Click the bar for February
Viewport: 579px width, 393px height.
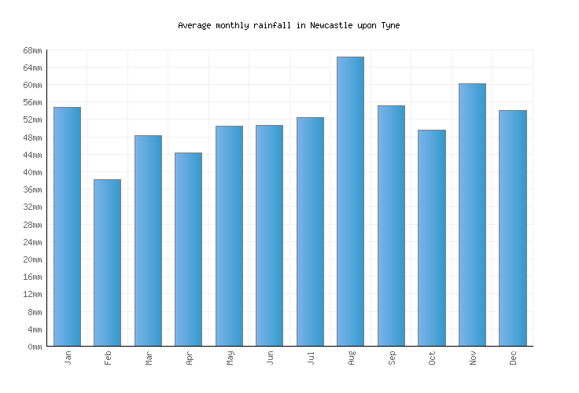click(107, 263)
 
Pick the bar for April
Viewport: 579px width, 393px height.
click(188, 249)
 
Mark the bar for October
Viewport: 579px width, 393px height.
click(431, 237)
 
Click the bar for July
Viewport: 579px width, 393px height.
click(310, 231)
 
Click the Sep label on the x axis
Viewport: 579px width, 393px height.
click(392, 358)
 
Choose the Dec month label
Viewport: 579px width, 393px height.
click(513, 358)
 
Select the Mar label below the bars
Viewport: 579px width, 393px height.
click(149, 358)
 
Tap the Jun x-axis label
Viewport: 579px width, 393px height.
click(270, 358)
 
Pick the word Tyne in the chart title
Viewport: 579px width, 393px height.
click(390, 25)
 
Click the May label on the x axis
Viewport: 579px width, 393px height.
click(230, 358)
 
